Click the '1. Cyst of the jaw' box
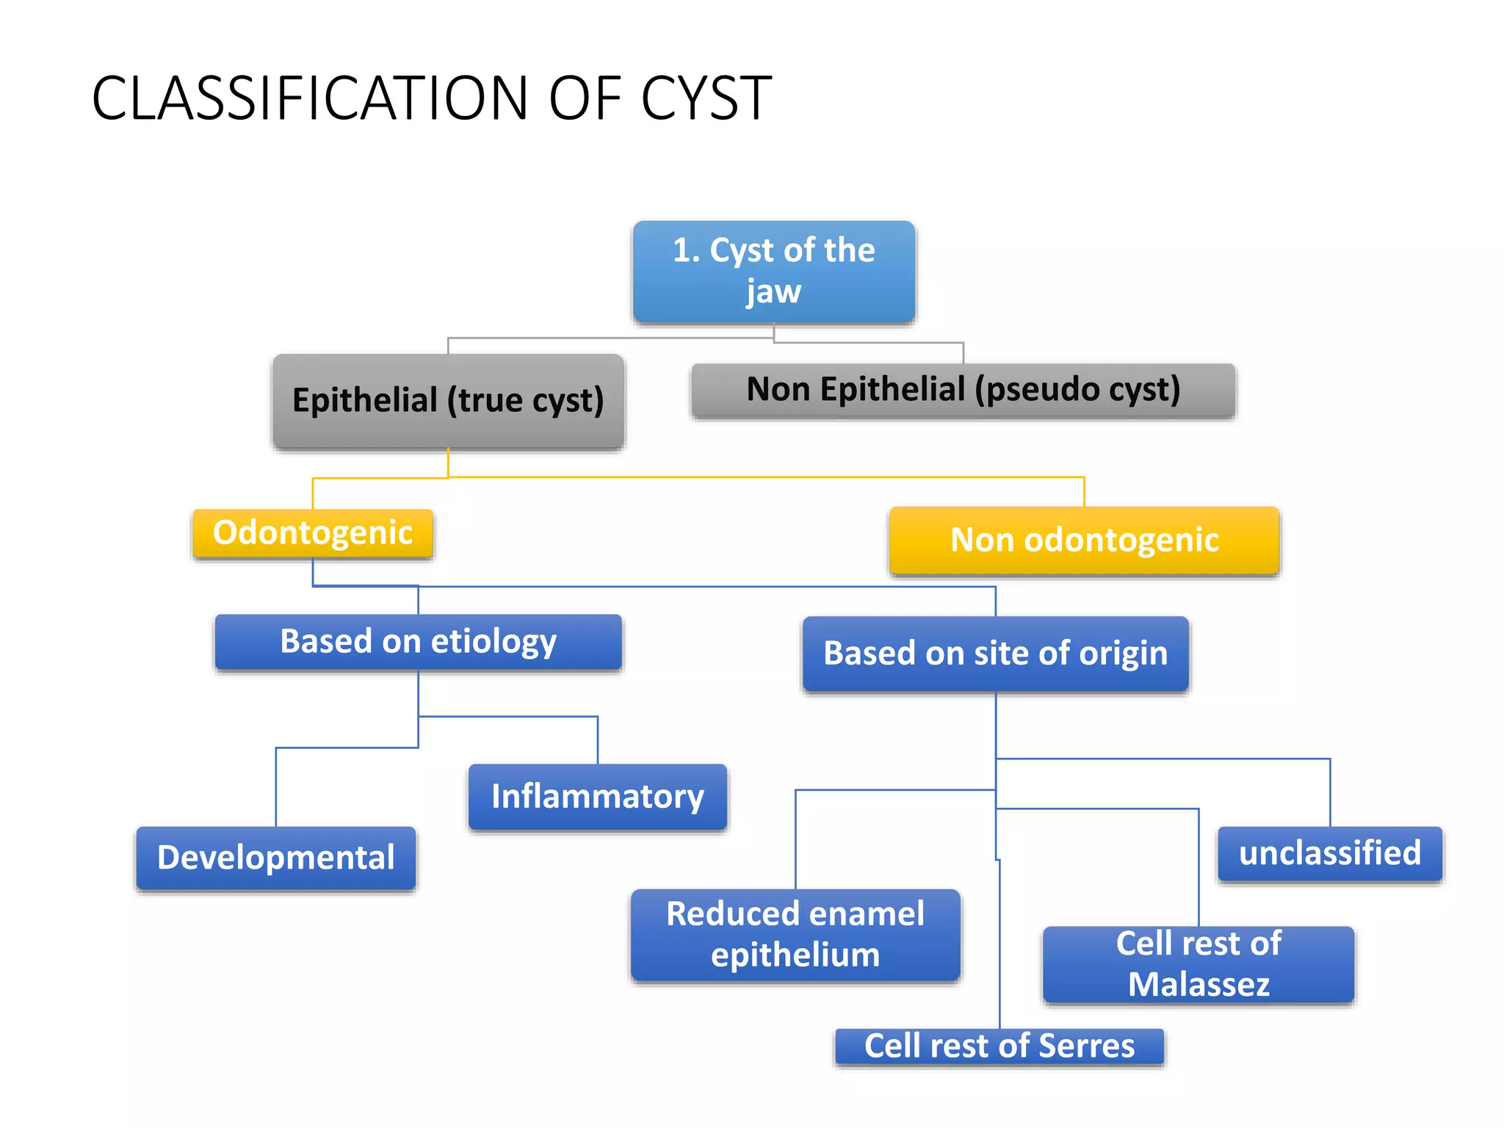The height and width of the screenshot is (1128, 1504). (774, 271)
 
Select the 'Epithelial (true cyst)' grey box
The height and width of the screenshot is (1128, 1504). (448, 401)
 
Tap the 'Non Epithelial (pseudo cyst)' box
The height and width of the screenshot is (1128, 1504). (963, 390)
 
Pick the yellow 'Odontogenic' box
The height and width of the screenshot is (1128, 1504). (313, 533)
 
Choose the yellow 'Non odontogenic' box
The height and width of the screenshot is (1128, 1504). (1084, 540)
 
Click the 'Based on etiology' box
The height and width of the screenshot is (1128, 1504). (418, 642)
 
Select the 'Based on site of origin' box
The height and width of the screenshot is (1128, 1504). (995, 654)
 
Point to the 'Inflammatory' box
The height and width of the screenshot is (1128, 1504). (597, 797)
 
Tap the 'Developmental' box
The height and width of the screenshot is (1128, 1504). (275, 858)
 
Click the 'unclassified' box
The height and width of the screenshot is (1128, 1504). (1329, 853)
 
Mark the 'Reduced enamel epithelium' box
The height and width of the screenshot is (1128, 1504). (795, 934)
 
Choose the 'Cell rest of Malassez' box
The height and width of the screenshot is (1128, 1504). (1198, 963)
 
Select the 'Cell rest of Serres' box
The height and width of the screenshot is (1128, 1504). (999, 1046)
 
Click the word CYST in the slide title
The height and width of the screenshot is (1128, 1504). (706, 98)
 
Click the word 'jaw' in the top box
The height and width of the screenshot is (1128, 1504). (773, 292)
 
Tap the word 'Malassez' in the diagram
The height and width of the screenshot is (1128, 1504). (1198, 984)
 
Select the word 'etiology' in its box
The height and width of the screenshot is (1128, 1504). (493, 642)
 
